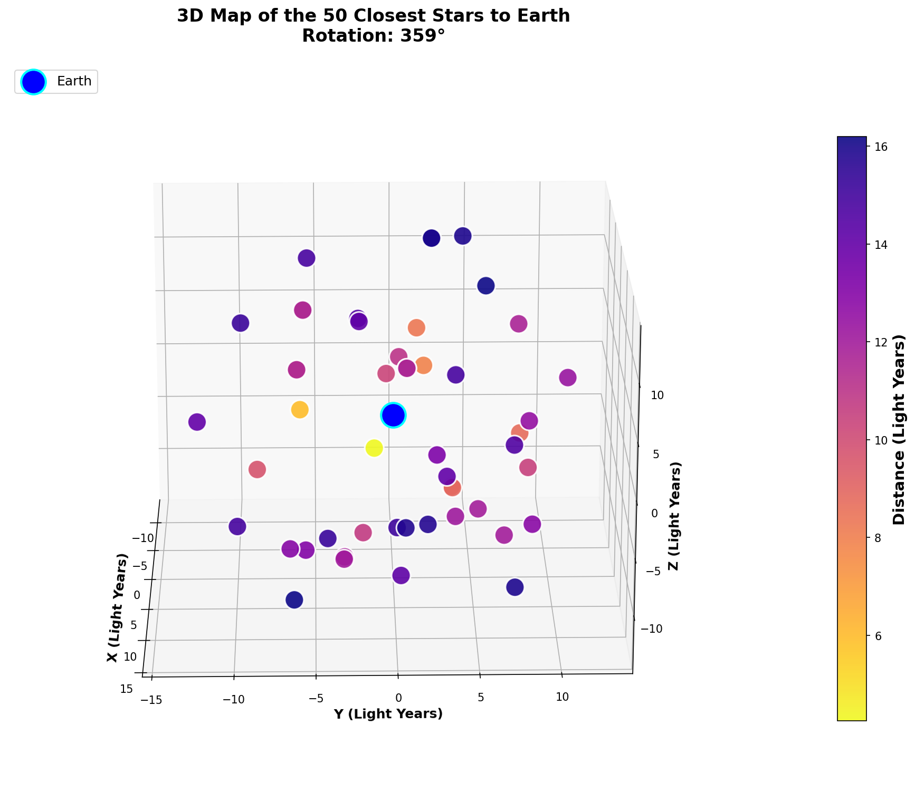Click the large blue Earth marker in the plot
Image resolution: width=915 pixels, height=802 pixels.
[393, 415]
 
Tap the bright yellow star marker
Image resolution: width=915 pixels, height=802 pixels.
[374, 448]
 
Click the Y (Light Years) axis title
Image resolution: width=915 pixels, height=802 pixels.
[388, 714]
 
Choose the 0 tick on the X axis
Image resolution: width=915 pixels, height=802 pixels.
[137, 595]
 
